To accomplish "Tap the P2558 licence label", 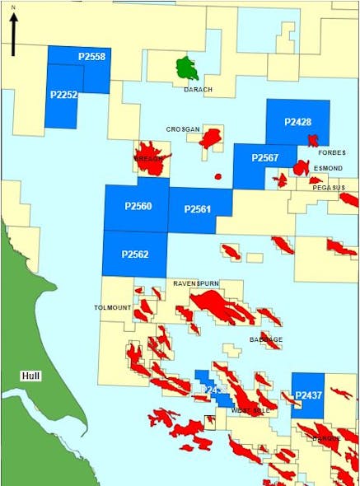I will [x=92, y=56].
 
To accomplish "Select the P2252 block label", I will [x=63, y=95].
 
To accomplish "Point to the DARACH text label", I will [x=199, y=89].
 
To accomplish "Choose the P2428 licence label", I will [x=297, y=122].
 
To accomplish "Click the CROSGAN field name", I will [x=182, y=129].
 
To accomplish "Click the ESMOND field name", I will [x=327, y=168].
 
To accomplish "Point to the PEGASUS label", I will [x=328, y=188].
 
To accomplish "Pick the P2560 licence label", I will [x=138, y=206].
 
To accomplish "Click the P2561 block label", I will [x=198, y=209].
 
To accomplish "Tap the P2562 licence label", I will [x=135, y=254].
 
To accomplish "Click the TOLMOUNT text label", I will [x=114, y=307].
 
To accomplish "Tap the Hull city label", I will [x=31, y=376].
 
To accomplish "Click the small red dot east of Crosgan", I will [x=218, y=175].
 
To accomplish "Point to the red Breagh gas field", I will [x=151, y=161].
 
